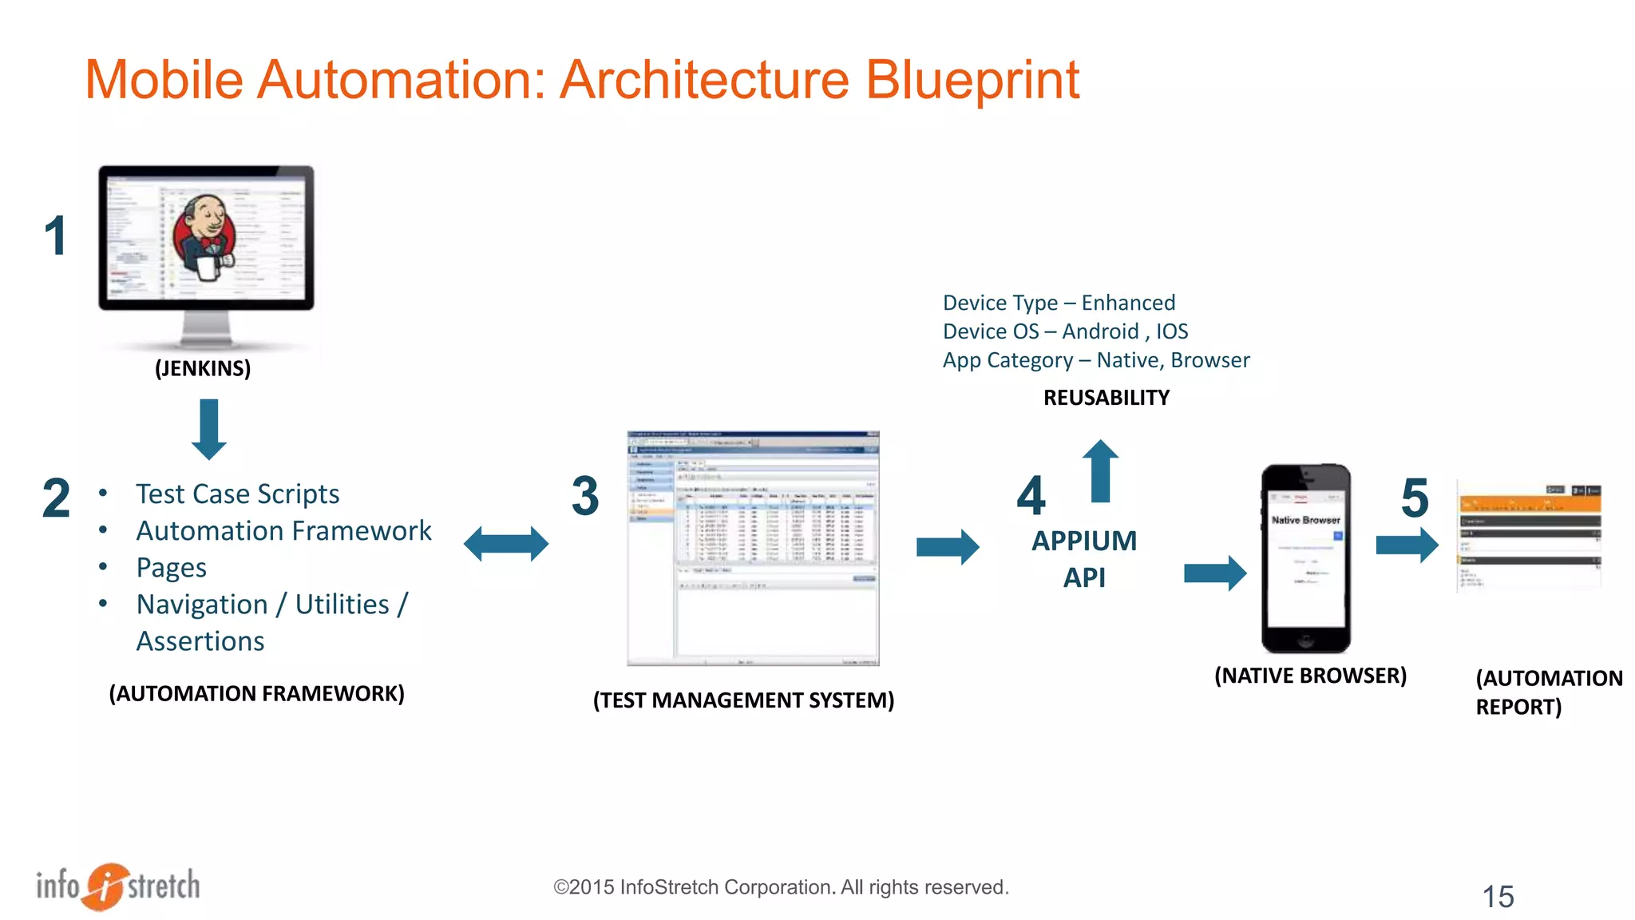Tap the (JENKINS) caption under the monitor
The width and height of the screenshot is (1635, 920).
pyautogui.click(x=203, y=368)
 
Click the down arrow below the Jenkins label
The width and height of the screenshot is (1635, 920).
pyautogui.click(x=209, y=430)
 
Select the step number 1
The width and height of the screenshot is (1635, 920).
pyautogui.click(x=55, y=236)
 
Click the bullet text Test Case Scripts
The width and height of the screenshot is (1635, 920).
pyautogui.click(x=237, y=494)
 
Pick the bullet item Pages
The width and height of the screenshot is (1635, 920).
pyautogui.click(x=171, y=568)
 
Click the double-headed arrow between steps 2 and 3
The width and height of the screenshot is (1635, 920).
pyautogui.click(x=506, y=544)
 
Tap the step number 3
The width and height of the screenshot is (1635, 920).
pyautogui.click(x=585, y=496)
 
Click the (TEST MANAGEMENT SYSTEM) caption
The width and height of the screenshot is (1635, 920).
pyautogui.click(x=743, y=700)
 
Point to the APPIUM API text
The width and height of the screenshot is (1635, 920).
pyautogui.click(x=1083, y=559)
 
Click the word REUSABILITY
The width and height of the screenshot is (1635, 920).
pyautogui.click(x=1106, y=398)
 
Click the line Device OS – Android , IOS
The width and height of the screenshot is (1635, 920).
pyautogui.click(x=1065, y=331)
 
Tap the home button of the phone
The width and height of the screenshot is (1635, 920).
pyautogui.click(x=1305, y=640)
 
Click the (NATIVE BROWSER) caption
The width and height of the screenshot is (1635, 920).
pyautogui.click(x=1310, y=676)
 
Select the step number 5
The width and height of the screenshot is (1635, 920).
pyautogui.click(x=1415, y=498)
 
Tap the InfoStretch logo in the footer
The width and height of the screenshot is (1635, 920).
pyautogui.click(x=118, y=886)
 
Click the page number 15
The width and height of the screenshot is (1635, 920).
pyautogui.click(x=1498, y=897)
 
